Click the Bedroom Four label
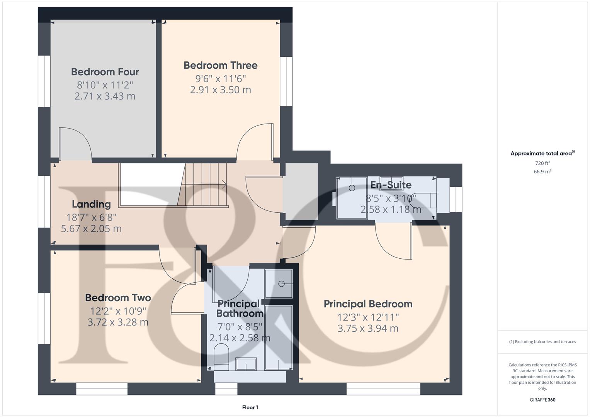[x=105, y=72]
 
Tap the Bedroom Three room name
[x=220, y=65]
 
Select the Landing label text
[x=91, y=204]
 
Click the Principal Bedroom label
[x=368, y=304]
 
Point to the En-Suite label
[x=391, y=185]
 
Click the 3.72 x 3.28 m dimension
[x=118, y=322]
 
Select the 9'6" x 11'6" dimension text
[x=220, y=79]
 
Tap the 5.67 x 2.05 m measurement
[x=91, y=229]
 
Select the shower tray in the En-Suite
[x=352, y=198]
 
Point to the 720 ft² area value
[x=542, y=163]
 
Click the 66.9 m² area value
[x=542, y=171]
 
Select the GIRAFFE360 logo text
[x=542, y=400]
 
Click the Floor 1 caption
[x=250, y=407]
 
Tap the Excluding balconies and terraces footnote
[x=542, y=342]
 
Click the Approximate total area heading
[x=542, y=154]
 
